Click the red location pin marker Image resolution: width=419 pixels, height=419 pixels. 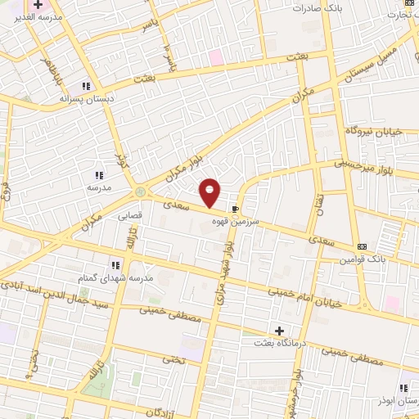click(210, 191)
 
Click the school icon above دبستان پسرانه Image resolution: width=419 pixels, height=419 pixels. click(85, 86)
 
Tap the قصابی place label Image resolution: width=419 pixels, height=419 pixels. click(130, 217)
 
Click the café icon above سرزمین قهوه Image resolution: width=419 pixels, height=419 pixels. click(236, 209)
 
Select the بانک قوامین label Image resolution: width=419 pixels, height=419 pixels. click(364, 259)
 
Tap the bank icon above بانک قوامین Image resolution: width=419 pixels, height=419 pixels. click(362, 246)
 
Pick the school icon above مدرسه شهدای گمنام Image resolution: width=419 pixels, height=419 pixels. click(115, 265)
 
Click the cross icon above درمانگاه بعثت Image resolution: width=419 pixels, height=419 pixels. click(280, 331)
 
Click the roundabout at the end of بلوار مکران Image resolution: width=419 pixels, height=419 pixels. click(142, 191)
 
